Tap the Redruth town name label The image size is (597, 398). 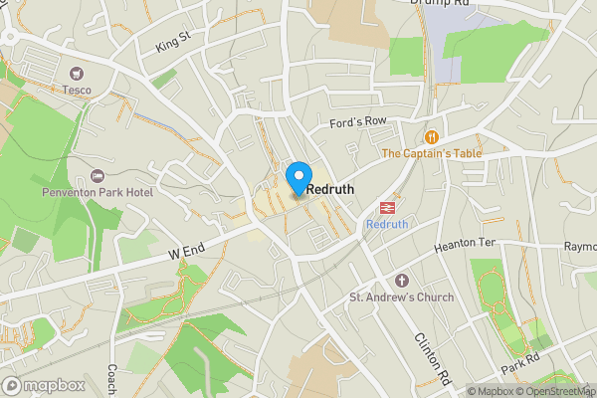tap(330, 188)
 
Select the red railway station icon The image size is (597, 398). tap(386, 207)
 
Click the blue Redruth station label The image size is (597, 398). tap(387, 225)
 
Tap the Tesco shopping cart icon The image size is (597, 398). tap(77, 73)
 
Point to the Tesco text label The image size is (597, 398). tap(77, 90)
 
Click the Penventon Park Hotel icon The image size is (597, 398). tap(97, 175)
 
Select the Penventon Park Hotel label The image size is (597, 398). tap(97, 192)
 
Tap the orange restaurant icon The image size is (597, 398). tap(431, 136)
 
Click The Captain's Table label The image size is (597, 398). tap(431, 153)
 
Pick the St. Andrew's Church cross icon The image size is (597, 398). tap(401, 281)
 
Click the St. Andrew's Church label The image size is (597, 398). tap(401, 298)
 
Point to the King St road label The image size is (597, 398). tap(172, 42)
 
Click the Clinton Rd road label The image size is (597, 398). tap(432, 358)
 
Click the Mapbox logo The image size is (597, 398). tap(44, 385)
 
